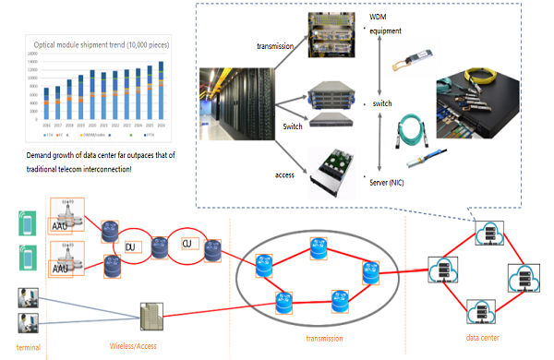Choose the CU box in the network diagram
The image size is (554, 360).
tap(187, 245)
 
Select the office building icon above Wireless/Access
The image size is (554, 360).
tap(151, 316)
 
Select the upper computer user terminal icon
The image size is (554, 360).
tap(26, 297)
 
